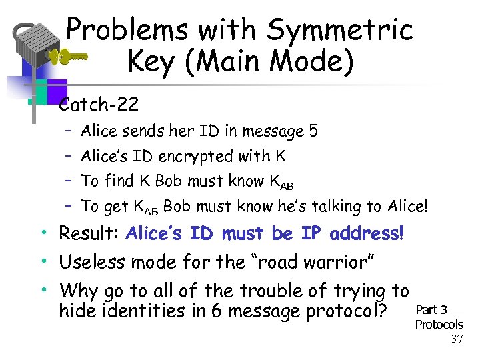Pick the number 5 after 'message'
(313, 131)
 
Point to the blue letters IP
(311, 234)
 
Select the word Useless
(92, 262)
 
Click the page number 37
(457, 339)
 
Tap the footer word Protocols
(439, 325)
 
